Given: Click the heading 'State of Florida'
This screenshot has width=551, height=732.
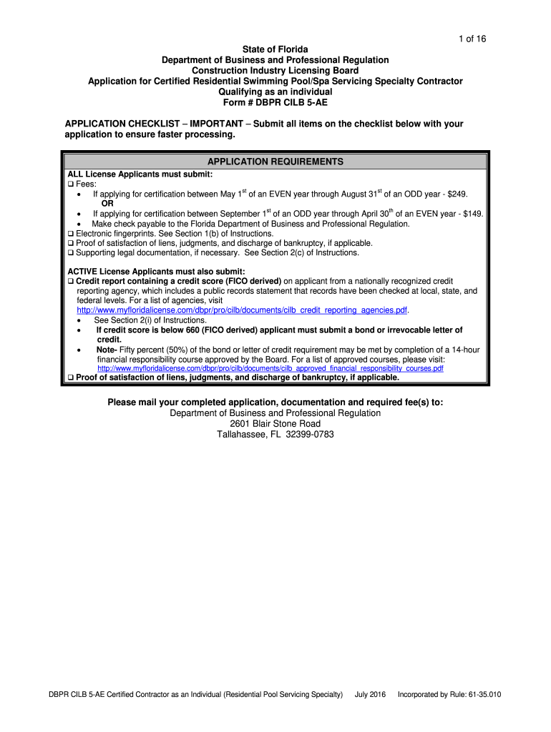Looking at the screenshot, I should [275, 49].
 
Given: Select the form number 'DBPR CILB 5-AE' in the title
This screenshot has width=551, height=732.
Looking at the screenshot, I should [292, 103].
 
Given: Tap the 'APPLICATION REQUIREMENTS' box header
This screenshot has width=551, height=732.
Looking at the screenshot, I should [275, 162].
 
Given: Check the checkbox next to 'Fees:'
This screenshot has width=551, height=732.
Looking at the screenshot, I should [71, 184].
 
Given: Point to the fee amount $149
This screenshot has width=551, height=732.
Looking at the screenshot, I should [473, 214].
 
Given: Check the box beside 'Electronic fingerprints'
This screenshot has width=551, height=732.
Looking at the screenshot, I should [71, 234].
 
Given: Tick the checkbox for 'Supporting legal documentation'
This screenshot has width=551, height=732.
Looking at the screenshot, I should [71, 252].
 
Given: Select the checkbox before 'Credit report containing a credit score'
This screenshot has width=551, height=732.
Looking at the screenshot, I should [71, 282].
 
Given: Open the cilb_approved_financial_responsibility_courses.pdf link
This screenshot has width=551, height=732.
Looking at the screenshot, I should [270, 369].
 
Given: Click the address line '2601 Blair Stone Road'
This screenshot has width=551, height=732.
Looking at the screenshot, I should [275, 424].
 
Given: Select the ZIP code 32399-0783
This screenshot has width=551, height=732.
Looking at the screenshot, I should [305, 435].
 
